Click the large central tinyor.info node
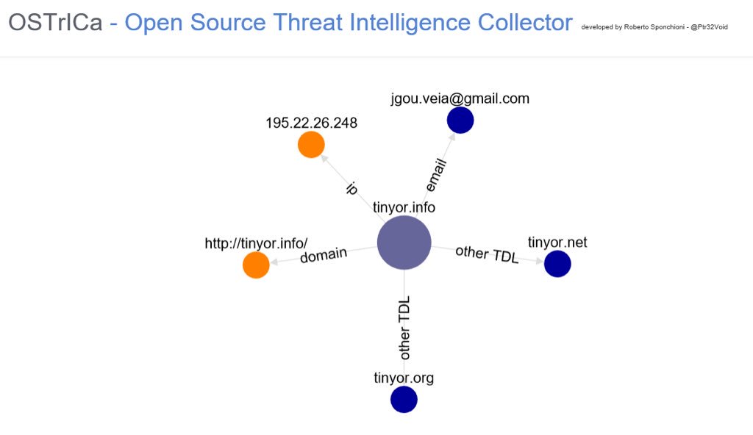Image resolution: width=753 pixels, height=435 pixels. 404,242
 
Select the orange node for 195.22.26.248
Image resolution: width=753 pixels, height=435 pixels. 311,145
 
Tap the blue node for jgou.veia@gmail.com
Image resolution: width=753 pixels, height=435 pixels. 460,121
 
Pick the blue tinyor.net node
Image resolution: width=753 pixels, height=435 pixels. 557,264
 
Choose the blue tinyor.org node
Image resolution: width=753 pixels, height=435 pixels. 404,400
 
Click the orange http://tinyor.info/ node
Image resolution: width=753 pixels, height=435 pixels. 256,265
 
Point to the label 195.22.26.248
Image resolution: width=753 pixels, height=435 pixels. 311,123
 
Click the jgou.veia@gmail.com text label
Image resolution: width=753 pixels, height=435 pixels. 460,98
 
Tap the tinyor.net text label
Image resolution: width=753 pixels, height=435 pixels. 557,242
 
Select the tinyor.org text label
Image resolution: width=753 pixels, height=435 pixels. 404,378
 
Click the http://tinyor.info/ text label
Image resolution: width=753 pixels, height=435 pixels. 256,243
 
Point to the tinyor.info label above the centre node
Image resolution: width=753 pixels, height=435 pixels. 404,207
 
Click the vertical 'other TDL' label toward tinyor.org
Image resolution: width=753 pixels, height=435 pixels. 404,328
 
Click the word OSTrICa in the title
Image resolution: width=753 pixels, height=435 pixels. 55,23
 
